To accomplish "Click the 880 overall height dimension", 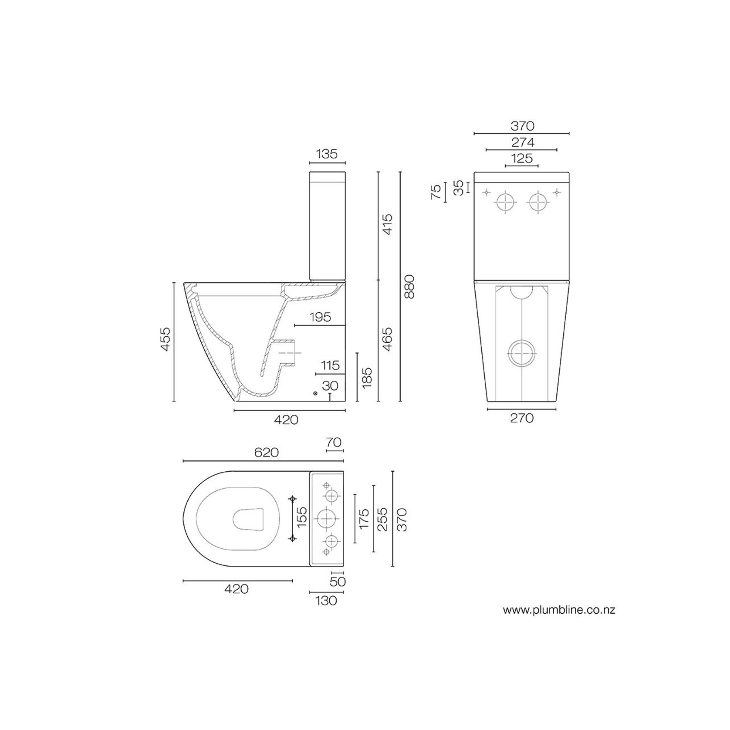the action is [x=409, y=287].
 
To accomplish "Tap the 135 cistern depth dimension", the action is [x=327, y=154].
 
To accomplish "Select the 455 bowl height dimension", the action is [x=166, y=339].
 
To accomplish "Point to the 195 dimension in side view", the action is [x=321, y=317].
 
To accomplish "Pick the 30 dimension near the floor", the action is [x=330, y=386].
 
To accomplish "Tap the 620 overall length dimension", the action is [x=266, y=453].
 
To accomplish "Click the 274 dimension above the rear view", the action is [x=522, y=142].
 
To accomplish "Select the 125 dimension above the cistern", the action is [x=522, y=158].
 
